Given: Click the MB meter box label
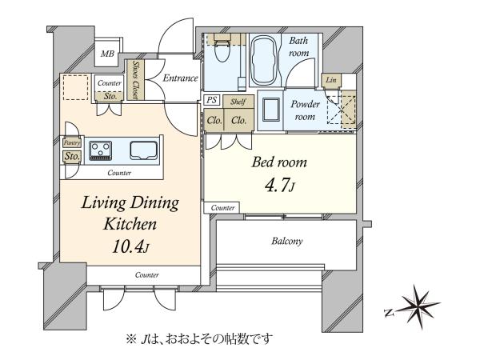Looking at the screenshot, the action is point(107,54).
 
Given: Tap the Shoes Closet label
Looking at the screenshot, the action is point(135,79).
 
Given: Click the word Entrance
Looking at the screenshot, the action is point(180,78).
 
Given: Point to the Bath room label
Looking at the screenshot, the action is point(298,46).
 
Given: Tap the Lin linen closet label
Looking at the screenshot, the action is point(331,80).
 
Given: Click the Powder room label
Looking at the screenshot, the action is point(305,110).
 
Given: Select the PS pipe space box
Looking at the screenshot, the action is point(211,100).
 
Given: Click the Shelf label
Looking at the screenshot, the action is point(238,102).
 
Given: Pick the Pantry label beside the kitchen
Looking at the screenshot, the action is point(72,142).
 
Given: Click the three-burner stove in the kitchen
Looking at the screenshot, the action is point(101,150).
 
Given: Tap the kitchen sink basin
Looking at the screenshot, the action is point(143,150).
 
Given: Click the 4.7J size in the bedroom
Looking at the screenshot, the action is point(280,185).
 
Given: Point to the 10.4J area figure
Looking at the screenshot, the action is point(130,246).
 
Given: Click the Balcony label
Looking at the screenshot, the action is point(287,242).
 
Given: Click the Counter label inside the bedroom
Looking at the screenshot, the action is point(222,208).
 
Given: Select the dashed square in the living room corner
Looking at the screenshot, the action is point(76,87).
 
